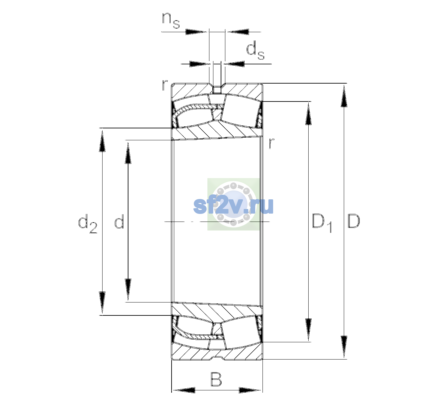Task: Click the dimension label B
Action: tap(216, 379)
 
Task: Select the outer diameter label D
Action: tap(353, 221)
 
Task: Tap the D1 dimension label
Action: tap(322, 223)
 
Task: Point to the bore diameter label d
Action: tap(119, 221)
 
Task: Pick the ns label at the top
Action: tap(171, 20)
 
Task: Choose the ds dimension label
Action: tap(255, 51)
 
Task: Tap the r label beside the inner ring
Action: tap(271, 143)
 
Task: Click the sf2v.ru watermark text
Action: tap(233, 206)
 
